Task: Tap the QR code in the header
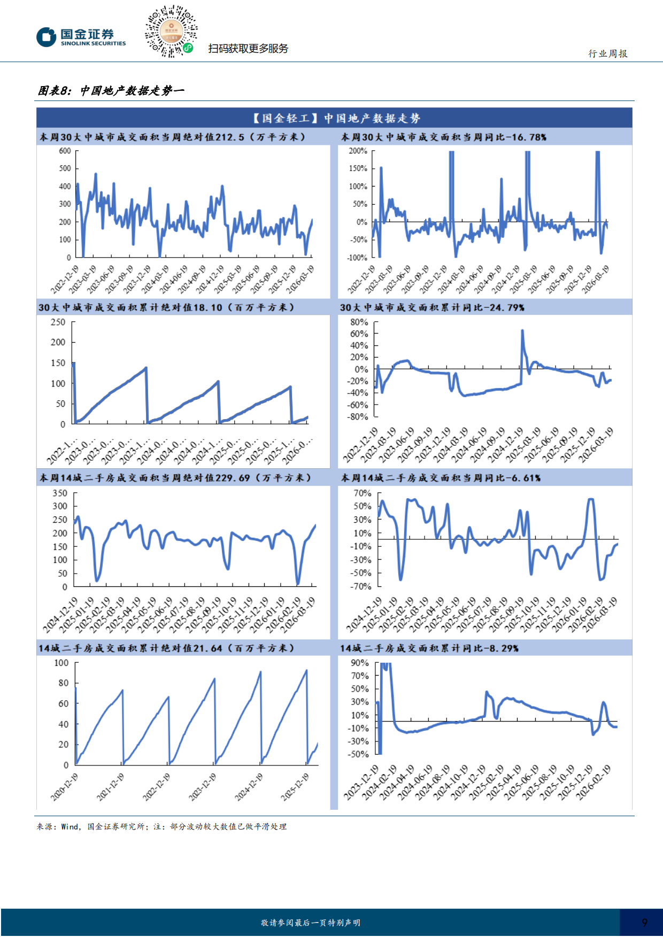click(x=171, y=32)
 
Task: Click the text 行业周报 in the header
click(x=608, y=53)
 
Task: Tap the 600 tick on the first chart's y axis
click(x=65, y=151)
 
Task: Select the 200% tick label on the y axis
click(x=358, y=151)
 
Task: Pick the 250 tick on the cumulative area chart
click(x=58, y=322)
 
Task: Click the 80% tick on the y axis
click(x=359, y=322)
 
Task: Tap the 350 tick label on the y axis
click(x=60, y=493)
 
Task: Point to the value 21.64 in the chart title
click(x=207, y=648)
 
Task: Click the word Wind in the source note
click(x=70, y=826)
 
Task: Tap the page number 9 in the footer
click(x=644, y=923)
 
